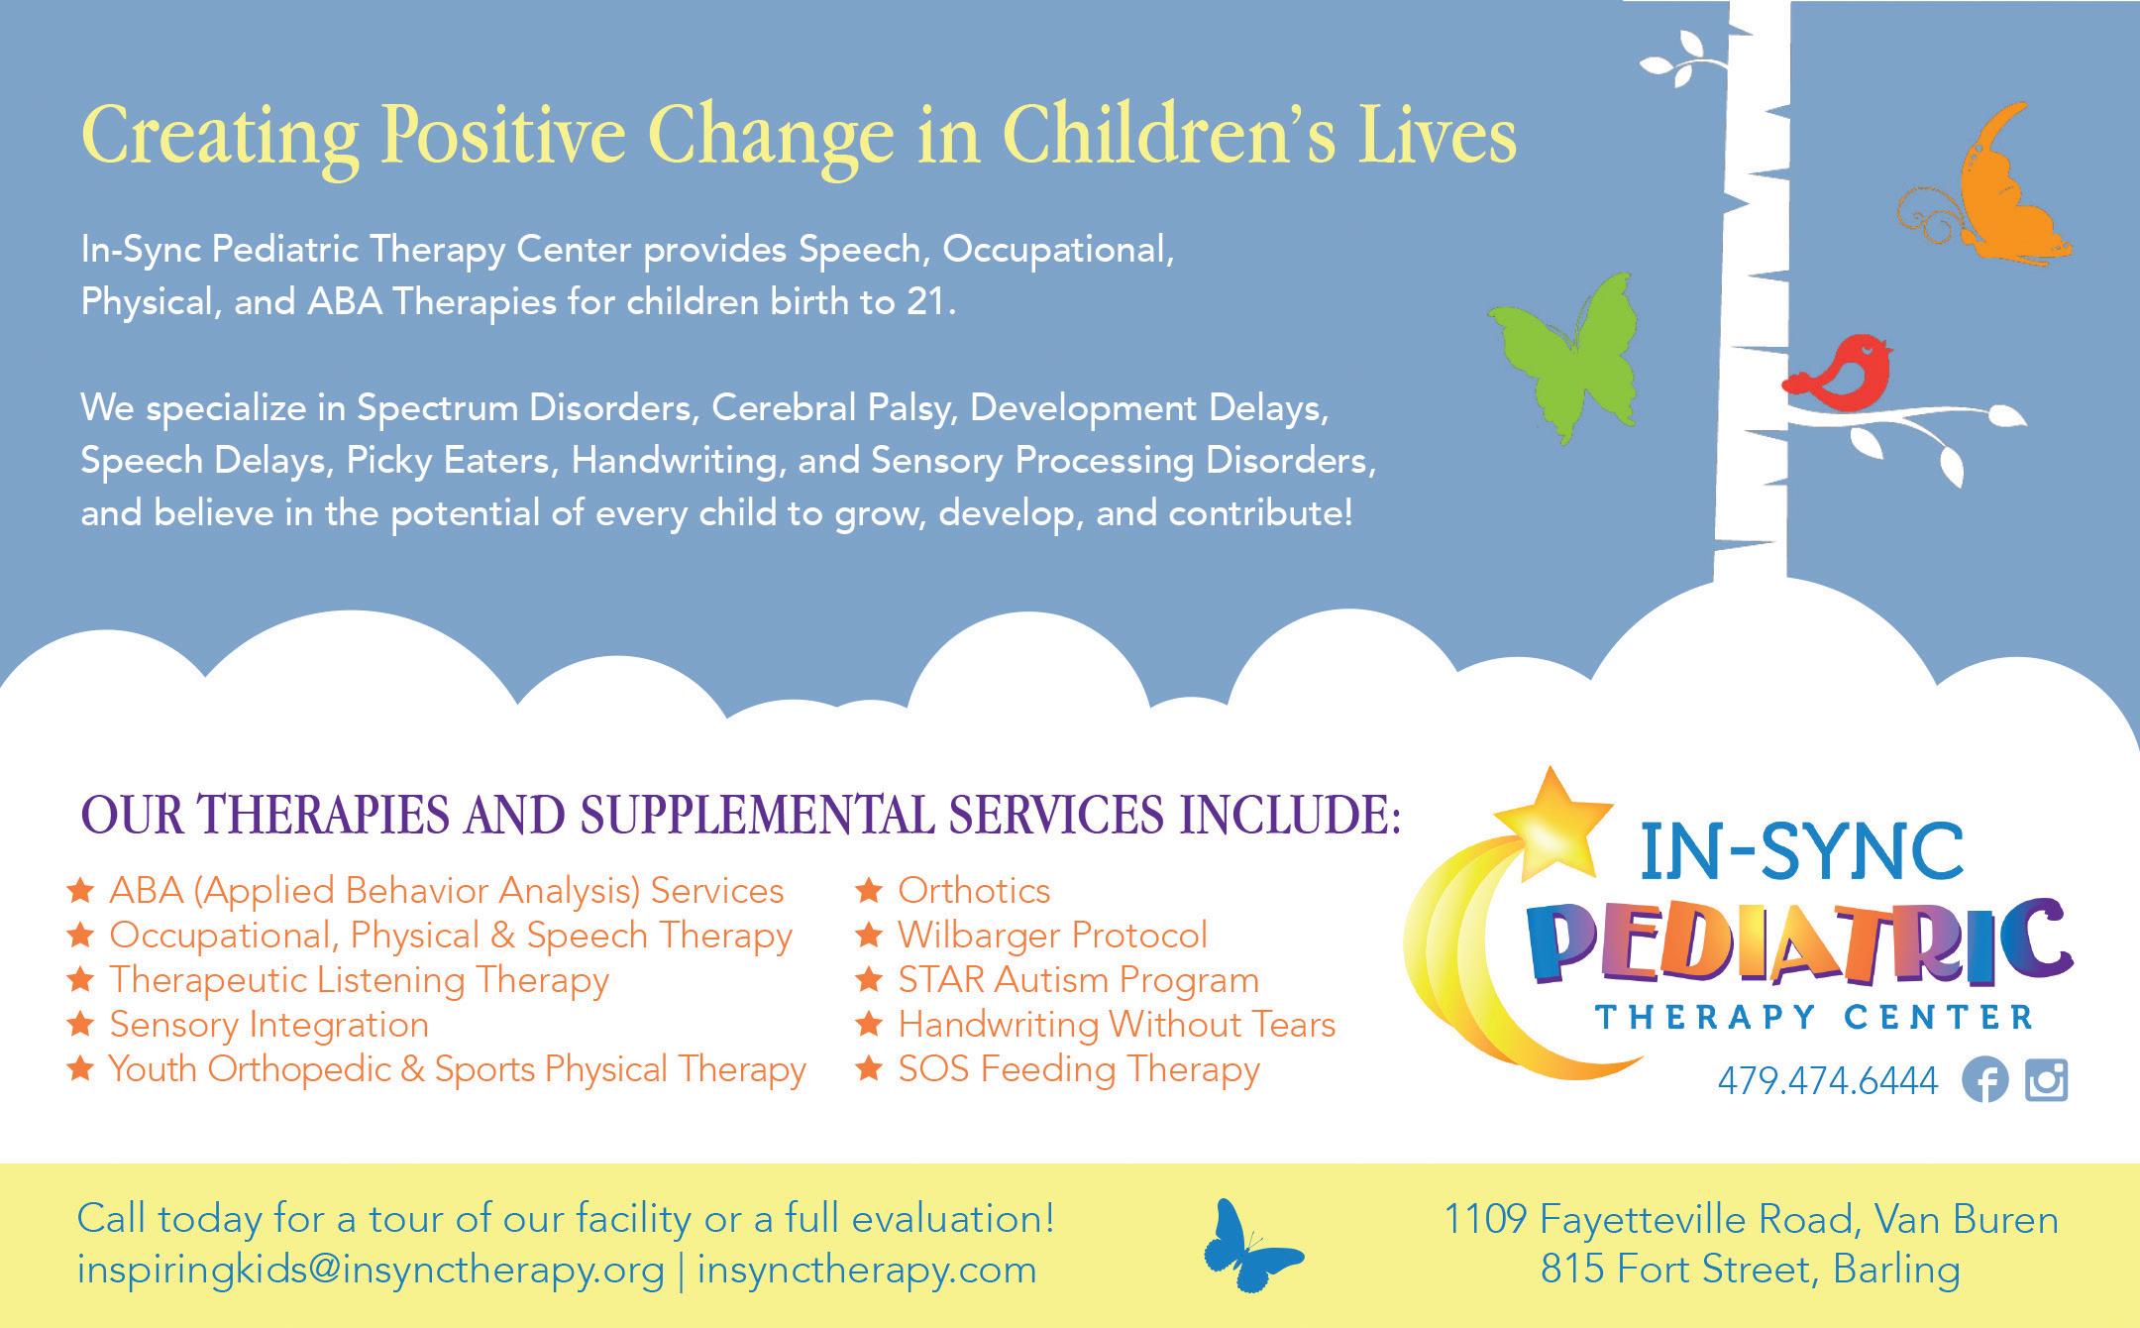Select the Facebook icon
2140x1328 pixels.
1984,1080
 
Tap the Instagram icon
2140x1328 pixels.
2047,1080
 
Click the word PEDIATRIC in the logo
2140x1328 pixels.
1807,945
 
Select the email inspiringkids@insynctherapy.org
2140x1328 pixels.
371,1271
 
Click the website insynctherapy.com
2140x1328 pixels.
867,1271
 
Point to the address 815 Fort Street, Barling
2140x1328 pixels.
1751,1270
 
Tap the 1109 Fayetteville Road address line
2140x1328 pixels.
1751,1219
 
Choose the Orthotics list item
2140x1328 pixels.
974,891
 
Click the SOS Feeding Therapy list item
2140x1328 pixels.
1079,1069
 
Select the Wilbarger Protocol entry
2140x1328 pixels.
1053,936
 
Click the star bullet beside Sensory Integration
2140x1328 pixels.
80,1023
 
